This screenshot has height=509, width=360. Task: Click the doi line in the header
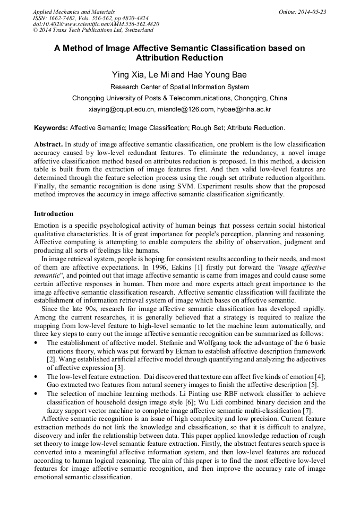tap(96, 24)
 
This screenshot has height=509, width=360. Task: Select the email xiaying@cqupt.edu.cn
tap(122, 109)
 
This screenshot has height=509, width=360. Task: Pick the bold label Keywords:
tap(51, 128)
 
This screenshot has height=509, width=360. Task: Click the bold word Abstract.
tap(48, 144)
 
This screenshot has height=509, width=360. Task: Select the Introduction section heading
tap(54, 214)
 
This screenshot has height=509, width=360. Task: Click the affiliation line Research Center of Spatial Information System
tap(179, 87)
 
